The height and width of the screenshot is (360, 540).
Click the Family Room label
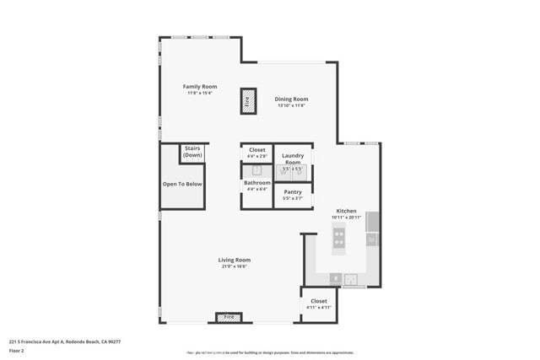201,87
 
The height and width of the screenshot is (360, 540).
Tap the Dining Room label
291,99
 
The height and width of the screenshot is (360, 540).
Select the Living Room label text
235,260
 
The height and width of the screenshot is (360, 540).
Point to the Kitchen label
347,210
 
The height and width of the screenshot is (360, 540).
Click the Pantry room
292,193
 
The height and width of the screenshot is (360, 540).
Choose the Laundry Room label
292,158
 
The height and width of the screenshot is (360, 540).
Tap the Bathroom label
257,183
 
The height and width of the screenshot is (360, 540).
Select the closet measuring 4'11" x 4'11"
318,303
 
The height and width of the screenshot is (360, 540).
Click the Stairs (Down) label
192,152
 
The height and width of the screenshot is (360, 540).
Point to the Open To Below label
182,184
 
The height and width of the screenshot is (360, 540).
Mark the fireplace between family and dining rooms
247,100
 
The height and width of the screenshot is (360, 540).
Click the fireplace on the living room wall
229,317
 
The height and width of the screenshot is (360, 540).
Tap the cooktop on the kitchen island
339,239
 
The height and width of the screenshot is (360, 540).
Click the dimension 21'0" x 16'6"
235,266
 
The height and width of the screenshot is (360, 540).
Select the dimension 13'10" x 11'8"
291,105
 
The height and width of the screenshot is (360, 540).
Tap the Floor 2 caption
17,350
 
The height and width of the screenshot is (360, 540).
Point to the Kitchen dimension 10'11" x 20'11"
347,217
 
